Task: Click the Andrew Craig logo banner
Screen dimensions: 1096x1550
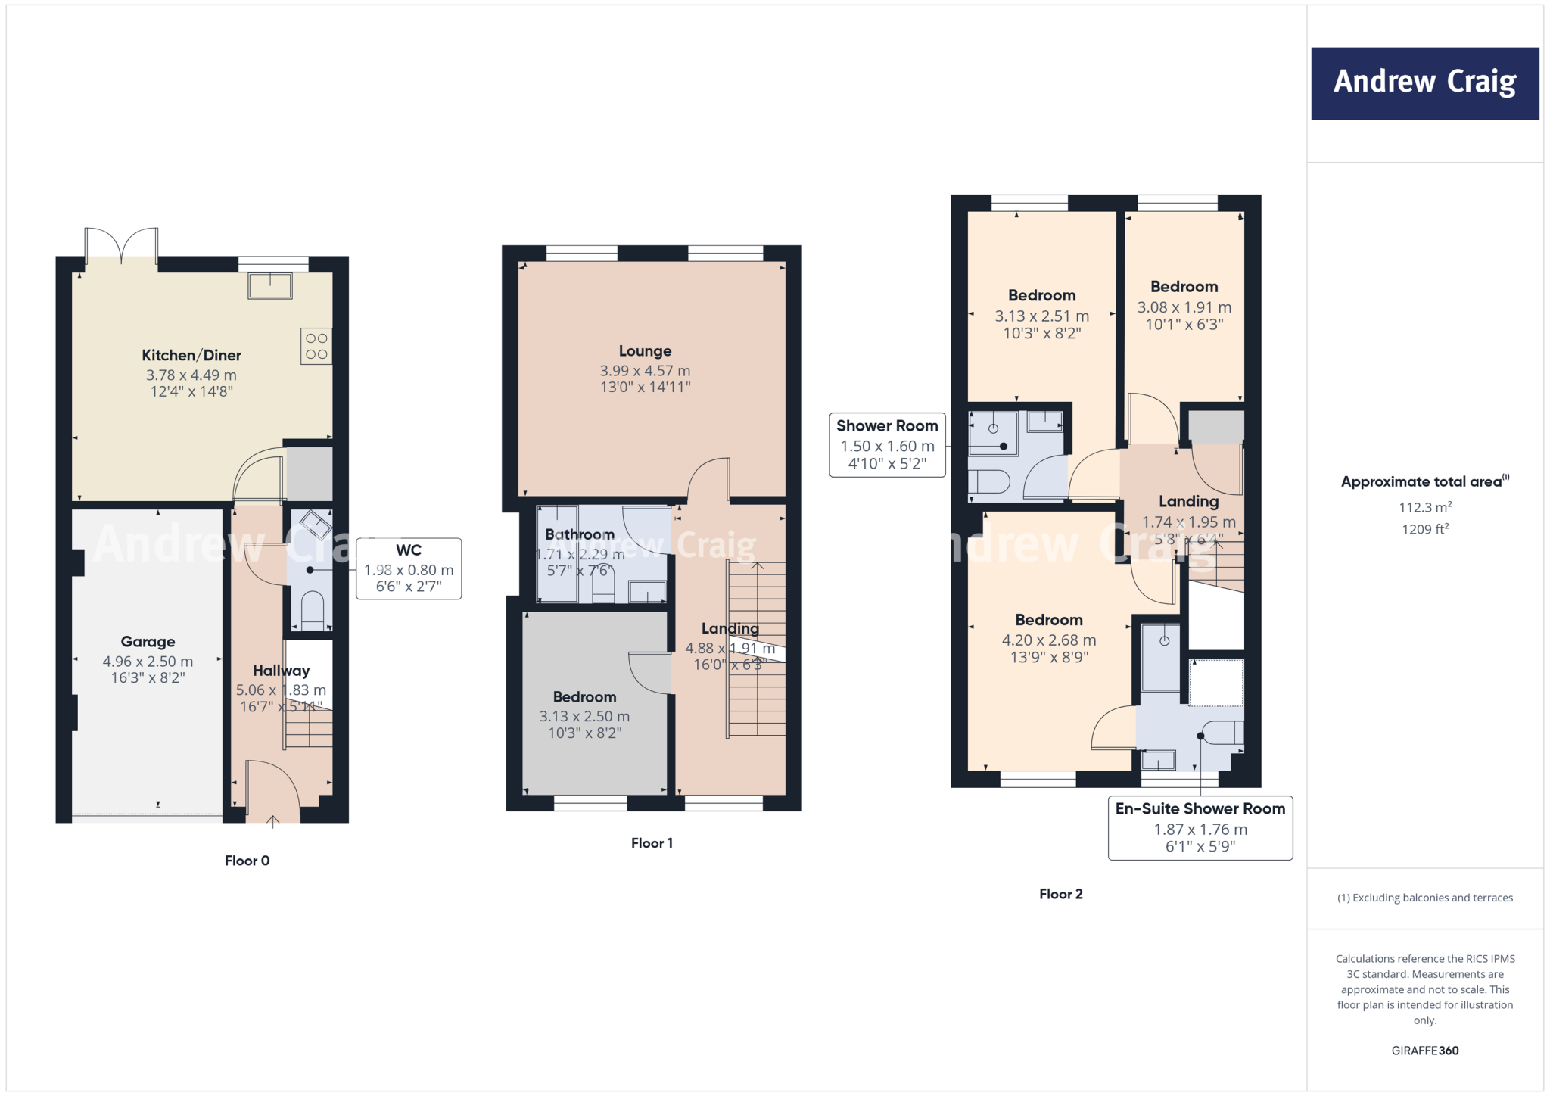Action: coord(1424,83)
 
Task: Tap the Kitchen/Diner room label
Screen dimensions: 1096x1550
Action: coord(191,355)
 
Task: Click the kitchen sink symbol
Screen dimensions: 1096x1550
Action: coord(270,286)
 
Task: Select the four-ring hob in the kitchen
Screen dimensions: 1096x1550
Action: coord(316,347)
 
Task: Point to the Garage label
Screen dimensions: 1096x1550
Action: coord(148,642)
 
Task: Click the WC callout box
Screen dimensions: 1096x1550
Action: coord(409,568)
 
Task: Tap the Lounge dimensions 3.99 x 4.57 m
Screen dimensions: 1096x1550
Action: coord(645,371)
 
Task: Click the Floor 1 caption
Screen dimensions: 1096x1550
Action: coord(652,843)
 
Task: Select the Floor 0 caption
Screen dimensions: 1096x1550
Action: coord(247,861)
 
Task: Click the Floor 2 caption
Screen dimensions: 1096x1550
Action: coord(1060,894)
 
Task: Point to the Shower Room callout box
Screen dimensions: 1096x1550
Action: coord(887,445)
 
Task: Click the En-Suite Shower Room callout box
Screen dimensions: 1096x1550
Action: coord(1200,828)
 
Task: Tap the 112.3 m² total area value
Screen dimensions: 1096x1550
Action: coord(1424,507)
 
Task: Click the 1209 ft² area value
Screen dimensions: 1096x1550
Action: coord(1424,529)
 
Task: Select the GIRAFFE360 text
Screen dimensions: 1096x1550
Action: coord(1424,1051)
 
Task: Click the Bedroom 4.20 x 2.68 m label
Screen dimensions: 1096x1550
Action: coord(1048,620)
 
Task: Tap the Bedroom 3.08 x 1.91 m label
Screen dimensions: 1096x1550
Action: coord(1184,287)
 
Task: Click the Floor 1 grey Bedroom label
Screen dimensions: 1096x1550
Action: coord(584,697)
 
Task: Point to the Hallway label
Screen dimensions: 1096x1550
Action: coord(281,671)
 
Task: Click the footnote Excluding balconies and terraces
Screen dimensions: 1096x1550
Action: coord(1424,898)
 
